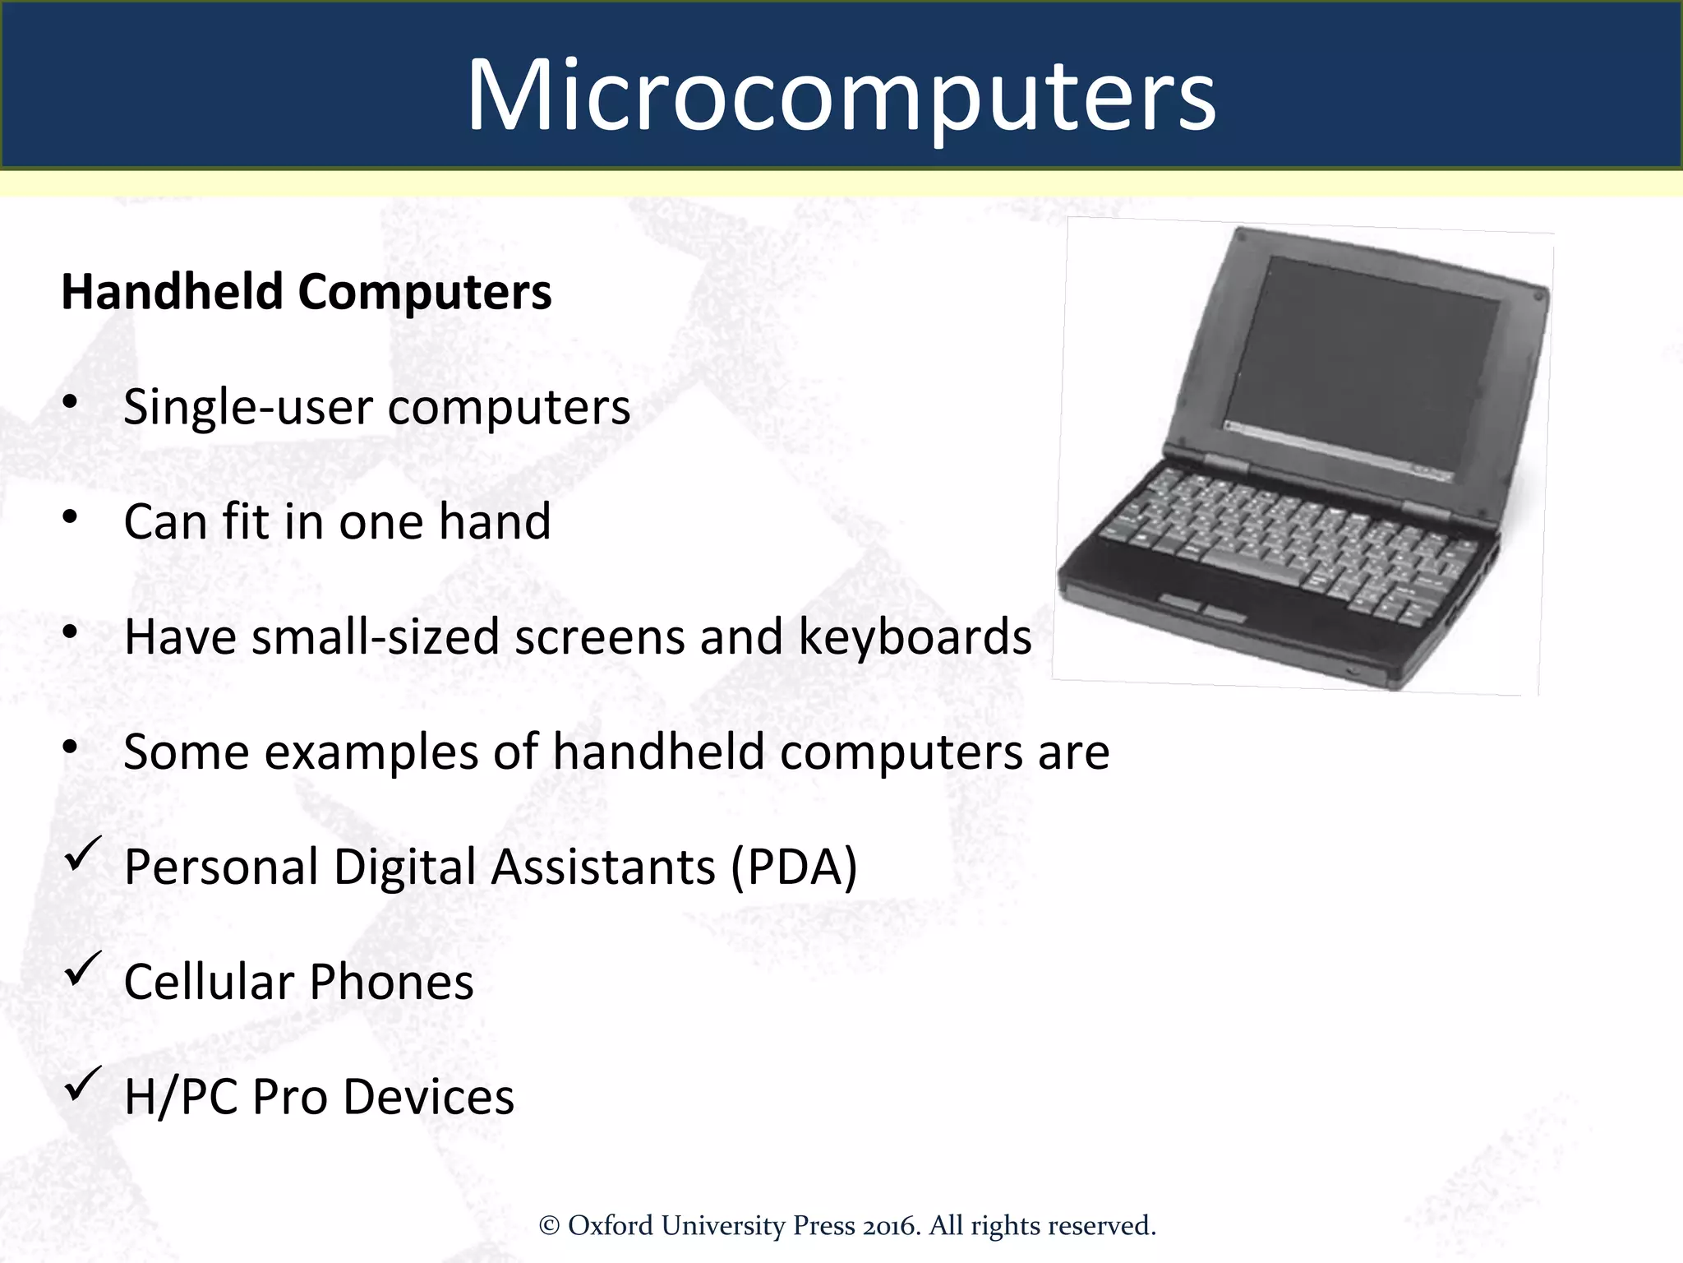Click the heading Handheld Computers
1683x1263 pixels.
(x=306, y=292)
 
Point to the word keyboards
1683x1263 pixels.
(x=914, y=637)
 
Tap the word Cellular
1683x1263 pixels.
(x=209, y=983)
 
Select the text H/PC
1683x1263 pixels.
(x=182, y=1098)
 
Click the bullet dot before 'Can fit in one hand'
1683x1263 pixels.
(x=70, y=517)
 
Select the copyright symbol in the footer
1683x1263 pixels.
(x=549, y=1226)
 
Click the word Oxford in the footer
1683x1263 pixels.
(x=611, y=1225)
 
